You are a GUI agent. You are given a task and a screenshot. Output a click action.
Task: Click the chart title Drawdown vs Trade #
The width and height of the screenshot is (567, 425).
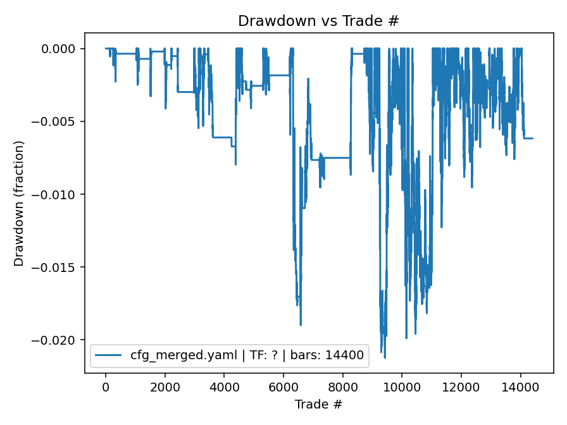click(318, 21)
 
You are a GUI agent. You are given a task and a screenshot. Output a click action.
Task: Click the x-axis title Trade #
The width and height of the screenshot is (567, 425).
click(318, 403)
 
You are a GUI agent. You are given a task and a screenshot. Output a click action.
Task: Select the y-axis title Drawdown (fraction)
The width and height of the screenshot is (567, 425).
click(19, 203)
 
